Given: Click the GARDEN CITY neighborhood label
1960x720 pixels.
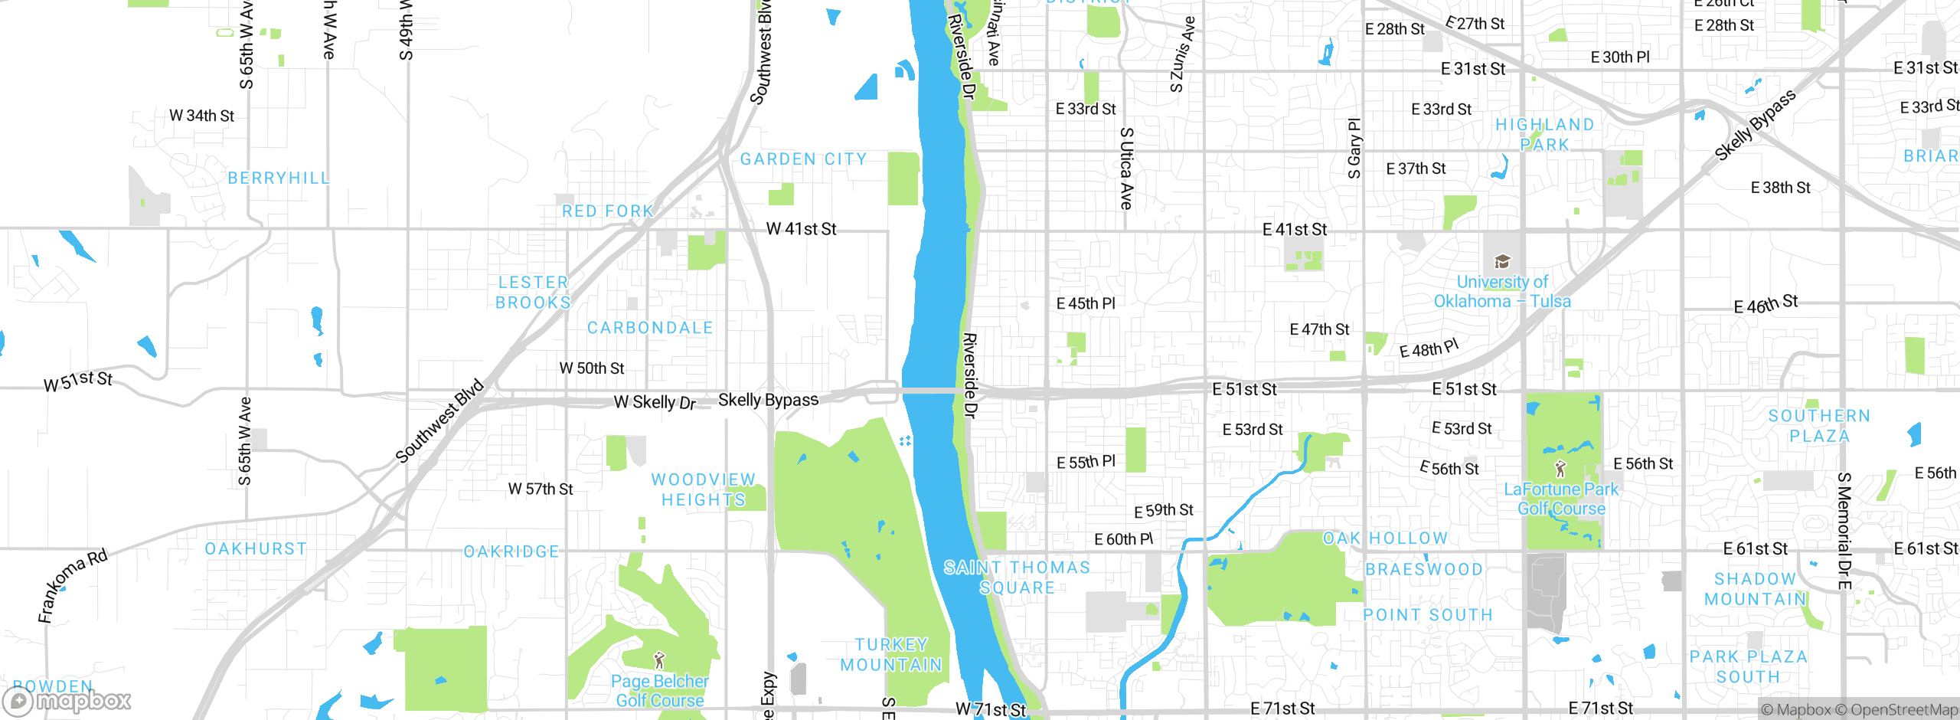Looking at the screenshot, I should [803, 159].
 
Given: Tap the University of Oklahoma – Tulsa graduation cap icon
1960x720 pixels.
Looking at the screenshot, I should [1502, 262].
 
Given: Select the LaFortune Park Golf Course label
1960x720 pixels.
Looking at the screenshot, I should [1561, 499].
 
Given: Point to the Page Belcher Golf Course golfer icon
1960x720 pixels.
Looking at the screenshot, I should [659, 659].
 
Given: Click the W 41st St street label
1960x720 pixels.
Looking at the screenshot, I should [801, 229].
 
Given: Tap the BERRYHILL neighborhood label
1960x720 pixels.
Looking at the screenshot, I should [279, 178].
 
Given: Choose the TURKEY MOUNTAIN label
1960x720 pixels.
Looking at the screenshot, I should [891, 655].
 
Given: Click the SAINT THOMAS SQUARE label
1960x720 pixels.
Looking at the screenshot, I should [1017, 578].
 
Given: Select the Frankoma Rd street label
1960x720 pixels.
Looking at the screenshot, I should [73, 585].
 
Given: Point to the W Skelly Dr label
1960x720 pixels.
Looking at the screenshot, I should [655, 402].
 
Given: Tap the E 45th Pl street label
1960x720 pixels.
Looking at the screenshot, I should [1086, 304].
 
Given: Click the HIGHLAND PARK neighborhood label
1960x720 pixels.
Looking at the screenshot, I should [1545, 135].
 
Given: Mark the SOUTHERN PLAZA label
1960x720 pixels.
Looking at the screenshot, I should [1819, 426].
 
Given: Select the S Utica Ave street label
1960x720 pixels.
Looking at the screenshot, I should [1126, 169].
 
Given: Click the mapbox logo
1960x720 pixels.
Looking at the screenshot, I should [67, 700].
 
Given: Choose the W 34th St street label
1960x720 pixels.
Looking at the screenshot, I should [201, 116].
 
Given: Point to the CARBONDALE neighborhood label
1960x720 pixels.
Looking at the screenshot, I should [650, 328].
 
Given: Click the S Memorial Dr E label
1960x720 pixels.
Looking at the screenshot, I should [1844, 531].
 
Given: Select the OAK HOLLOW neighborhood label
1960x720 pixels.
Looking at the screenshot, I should [1386, 538].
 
